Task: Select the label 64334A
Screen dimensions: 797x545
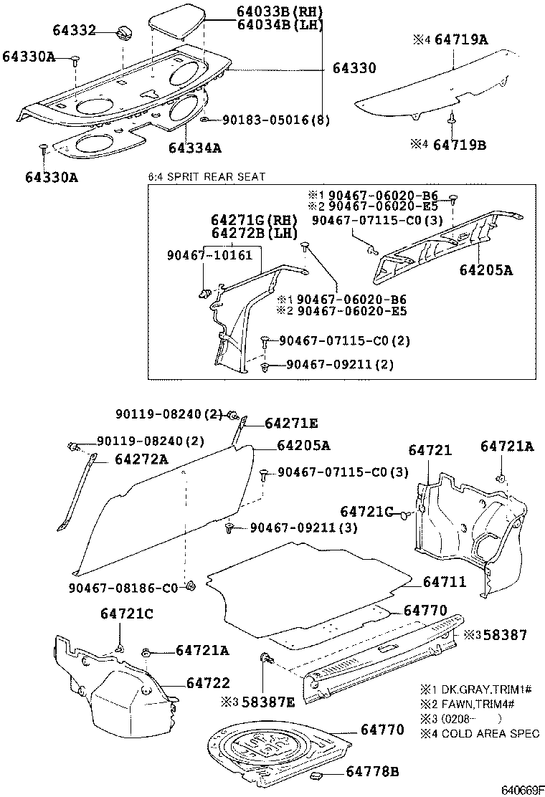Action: (194, 148)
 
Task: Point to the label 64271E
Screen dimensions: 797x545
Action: (291, 424)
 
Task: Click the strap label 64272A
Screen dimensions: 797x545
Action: (141, 459)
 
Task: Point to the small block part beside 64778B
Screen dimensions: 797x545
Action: (319, 775)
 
